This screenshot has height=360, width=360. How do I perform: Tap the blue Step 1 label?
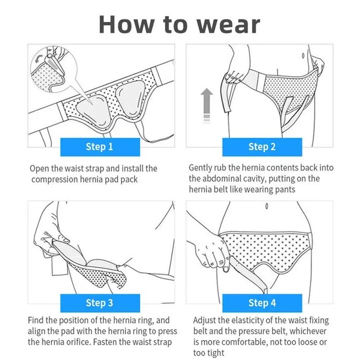100,147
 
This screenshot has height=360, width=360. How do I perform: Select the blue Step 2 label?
262,147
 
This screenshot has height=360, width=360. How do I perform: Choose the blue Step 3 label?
100,303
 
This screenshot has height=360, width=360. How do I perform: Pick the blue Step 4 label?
262,303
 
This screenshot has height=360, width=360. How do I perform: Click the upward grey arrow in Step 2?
207,105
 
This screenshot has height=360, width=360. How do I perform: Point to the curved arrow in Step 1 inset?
38,58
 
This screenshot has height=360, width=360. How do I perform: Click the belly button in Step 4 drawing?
266,206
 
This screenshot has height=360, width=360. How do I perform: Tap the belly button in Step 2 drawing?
303,56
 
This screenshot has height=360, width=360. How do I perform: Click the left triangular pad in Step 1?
94,112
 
